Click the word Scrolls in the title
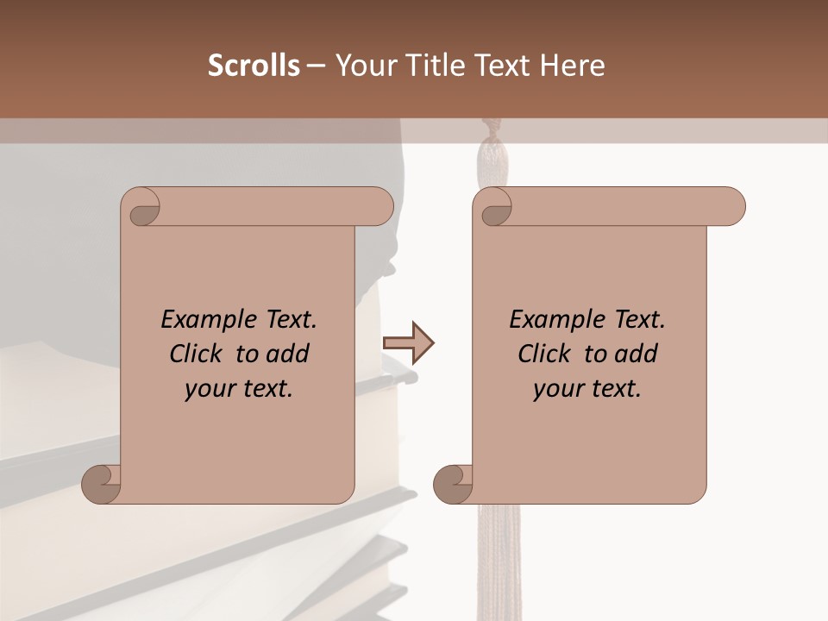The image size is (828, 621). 254,66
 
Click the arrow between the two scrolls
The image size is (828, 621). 409,344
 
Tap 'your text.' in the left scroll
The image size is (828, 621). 239,388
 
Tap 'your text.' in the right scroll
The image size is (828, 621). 587,388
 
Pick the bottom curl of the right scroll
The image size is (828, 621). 452,485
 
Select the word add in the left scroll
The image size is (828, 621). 287,354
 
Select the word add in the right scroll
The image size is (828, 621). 636,354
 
